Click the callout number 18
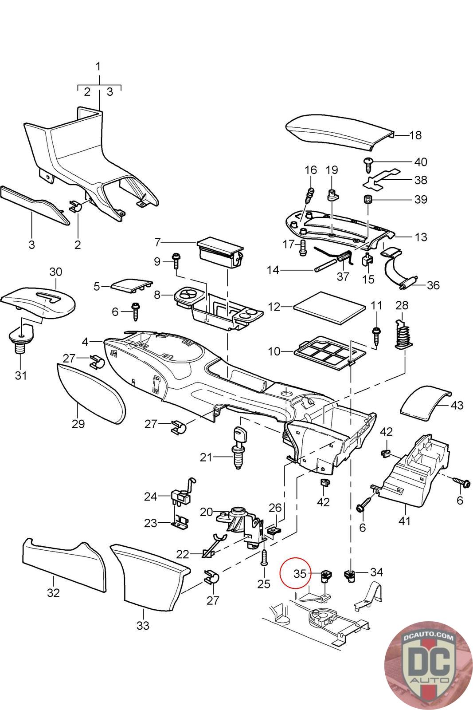click(x=415, y=135)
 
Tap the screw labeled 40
click(x=368, y=165)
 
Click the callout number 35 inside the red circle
click(x=300, y=574)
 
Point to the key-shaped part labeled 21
click(x=239, y=448)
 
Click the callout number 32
click(x=53, y=593)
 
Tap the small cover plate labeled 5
click(x=131, y=285)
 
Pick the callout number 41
click(x=405, y=520)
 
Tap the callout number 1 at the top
click(x=98, y=67)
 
